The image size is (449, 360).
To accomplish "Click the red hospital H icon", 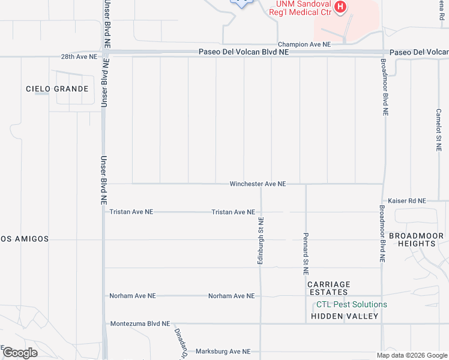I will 340,7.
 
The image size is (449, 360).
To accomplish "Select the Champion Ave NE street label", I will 304,44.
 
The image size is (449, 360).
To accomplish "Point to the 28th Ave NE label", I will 79,57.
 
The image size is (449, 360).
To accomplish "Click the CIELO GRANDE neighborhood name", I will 57,89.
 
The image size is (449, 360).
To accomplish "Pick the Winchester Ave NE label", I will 258,184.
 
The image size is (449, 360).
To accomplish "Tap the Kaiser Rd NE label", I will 406,200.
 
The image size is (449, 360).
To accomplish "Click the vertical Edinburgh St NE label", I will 261,241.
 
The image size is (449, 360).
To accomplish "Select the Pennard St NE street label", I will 306,250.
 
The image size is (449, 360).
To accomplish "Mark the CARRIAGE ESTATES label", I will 328,288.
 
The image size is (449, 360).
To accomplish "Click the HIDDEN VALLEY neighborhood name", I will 345,316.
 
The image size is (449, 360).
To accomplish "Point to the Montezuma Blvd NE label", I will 140,323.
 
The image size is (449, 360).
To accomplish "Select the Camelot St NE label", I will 439,130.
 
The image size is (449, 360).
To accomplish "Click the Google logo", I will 20,353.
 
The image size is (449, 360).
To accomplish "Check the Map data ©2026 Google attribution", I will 411,355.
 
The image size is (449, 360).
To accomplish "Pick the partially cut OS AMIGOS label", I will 24,239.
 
